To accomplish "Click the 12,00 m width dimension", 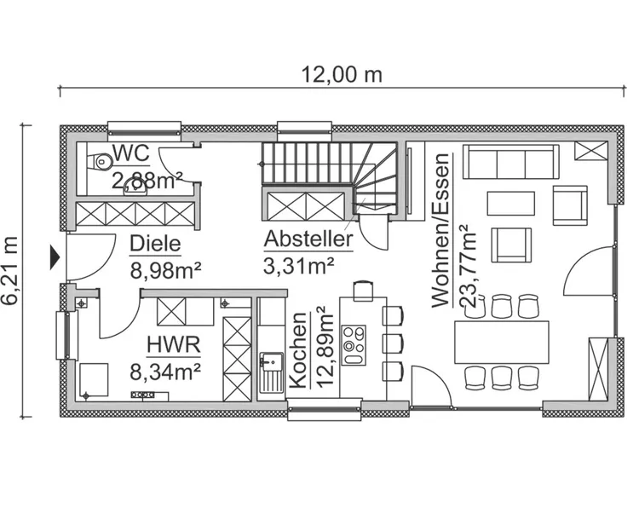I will pos(341,74).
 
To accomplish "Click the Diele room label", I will pos(155,245).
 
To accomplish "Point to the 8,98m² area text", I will pos(165,271).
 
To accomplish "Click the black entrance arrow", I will pos(55,255).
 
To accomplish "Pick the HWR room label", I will pos(172,345).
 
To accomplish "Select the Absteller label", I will pos(308,239).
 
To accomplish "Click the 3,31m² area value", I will pos(298,266).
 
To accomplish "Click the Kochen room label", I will pos(298,349).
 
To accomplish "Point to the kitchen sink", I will pos(271,372).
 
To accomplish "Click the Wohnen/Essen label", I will pos(440,230).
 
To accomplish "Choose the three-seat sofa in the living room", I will pos(510,162).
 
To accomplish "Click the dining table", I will pos(501,342).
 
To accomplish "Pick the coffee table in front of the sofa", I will pos(510,203).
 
